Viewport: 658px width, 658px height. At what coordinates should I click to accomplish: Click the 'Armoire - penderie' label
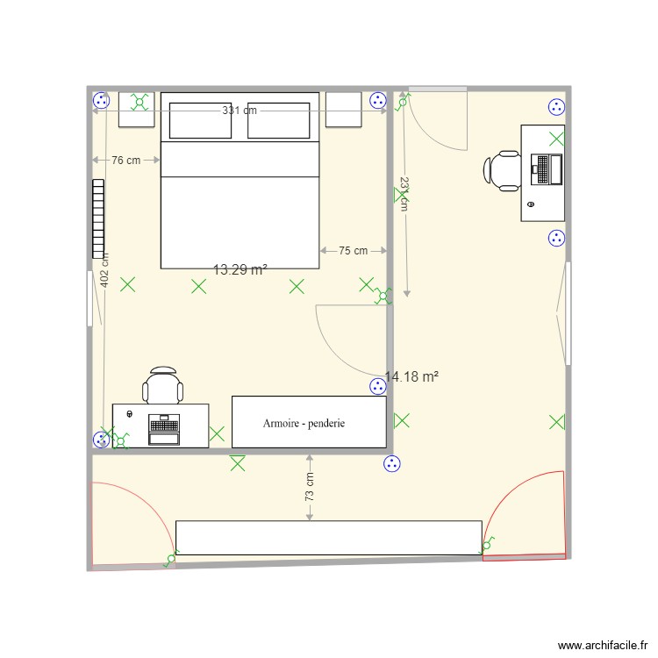coord(304,423)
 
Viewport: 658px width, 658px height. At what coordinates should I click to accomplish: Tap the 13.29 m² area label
coord(240,270)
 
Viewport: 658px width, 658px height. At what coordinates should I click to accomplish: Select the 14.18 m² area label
coord(411,376)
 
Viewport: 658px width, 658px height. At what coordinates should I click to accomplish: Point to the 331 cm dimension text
coord(240,111)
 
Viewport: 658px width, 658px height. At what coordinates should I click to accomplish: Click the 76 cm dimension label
coord(125,161)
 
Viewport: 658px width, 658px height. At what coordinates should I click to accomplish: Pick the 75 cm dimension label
coord(353,250)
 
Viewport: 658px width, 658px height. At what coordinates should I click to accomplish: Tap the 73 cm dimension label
coord(310,488)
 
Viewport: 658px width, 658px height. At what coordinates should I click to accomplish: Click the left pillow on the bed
coord(200,121)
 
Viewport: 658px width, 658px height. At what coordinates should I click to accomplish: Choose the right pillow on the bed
coord(279,121)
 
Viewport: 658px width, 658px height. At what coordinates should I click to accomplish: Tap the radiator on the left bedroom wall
coord(97,218)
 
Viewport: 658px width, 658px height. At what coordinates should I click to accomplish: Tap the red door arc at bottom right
coord(524,514)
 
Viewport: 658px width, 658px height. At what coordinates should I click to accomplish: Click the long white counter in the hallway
coord(328,538)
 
